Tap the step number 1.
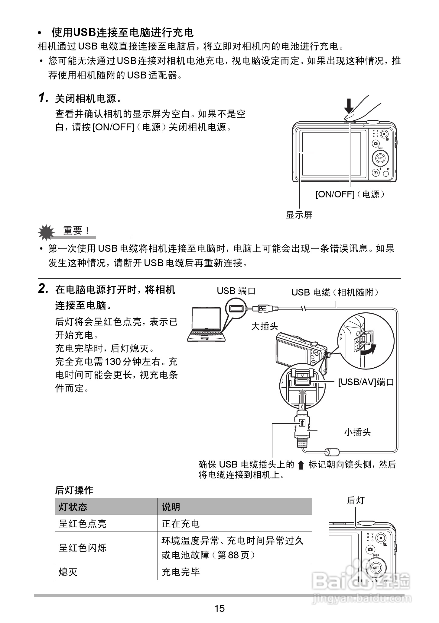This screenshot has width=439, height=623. point(43,98)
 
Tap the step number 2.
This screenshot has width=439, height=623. point(43,289)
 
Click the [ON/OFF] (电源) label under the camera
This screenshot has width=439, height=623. point(350,194)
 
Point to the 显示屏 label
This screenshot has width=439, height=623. point(299,215)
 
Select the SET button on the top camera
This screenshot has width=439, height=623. point(380,158)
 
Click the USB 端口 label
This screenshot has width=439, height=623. point(236,291)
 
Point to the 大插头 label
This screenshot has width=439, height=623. point(265,326)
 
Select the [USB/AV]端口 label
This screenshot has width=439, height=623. point(366,382)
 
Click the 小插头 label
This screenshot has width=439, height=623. point(357,432)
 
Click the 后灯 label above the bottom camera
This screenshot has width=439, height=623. point(356,501)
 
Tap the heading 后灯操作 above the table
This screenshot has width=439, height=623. point(74,490)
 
